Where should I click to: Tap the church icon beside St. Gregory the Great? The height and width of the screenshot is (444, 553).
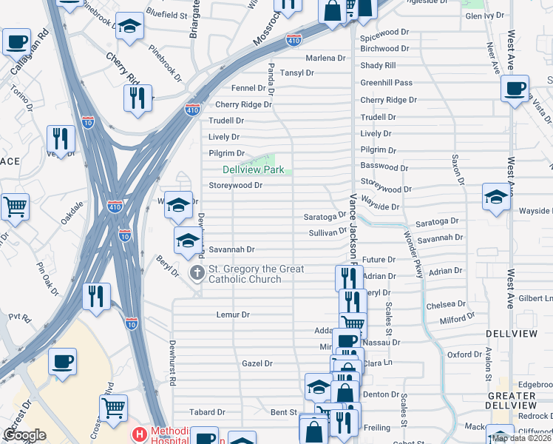point(197,274)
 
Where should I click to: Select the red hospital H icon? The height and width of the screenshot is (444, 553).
point(138,434)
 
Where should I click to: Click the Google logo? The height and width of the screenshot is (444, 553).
point(24,435)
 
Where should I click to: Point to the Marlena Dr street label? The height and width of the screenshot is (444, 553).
point(325,58)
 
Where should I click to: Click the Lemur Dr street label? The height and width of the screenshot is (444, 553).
point(233,314)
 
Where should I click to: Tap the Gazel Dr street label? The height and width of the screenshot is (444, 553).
point(257,363)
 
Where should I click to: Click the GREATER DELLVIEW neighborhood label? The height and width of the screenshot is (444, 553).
point(526,399)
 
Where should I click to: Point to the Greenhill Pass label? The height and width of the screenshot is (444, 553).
point(386,83)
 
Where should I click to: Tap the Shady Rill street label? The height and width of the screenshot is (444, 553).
point(379,66)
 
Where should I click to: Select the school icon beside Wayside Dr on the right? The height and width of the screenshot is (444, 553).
point(496,198)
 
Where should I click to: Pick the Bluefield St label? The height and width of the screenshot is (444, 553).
point(166,14)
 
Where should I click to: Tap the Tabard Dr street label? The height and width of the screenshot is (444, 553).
point(207,412)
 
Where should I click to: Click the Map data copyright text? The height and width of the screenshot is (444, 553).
point(522,438)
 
